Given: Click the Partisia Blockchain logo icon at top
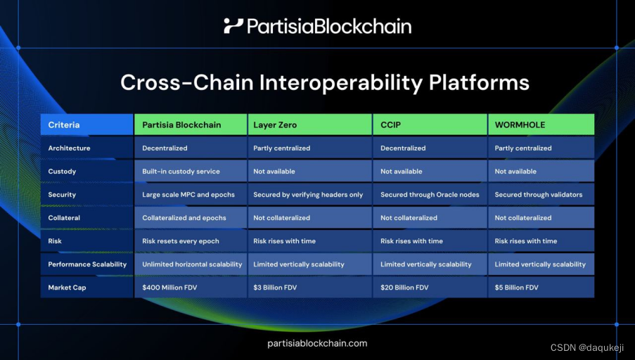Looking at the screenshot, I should pyautogui.click(x=233, y=26).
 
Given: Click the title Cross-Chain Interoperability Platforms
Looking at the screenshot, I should pyautogui.click(x=324, y=82).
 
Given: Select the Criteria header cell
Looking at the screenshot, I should pyautogui.click(x=86, y=124).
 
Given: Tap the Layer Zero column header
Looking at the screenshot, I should pyautogui.click(x=309, y=124).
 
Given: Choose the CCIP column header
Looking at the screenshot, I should pyautogui.click(x=430, y=124).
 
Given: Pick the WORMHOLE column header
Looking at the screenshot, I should pyautogui.click(x=541, y=124).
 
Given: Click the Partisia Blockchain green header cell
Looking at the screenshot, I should pyautogui.click(x=191, y=124).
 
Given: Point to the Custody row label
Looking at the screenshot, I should pyautogui.click(x=86, y=171).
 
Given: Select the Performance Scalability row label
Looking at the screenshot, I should pyautogui.click(x=86, y=264).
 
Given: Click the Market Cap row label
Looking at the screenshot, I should pyautogui.click(x=86, y=288).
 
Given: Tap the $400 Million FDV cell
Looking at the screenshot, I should pyautogui.click(x=191, y=288).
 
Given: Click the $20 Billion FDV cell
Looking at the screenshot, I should pyautogui.click(x=430, y=288).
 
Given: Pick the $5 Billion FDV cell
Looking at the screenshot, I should pyautogui.click(x=541, y=288).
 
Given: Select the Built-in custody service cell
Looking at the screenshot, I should pyautogui.click(x=191, y=171).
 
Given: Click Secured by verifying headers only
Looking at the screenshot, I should pyautogui.click(x=309, y=194).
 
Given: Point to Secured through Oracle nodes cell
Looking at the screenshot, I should pyautogui.click(x=430, y=194).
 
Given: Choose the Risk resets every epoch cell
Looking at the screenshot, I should pyautogui.click(x=191, y=241).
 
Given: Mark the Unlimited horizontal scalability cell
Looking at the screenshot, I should pyautogui.click(x=191, y=264).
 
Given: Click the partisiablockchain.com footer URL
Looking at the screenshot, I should pyautogui.click(x=317, y=343).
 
